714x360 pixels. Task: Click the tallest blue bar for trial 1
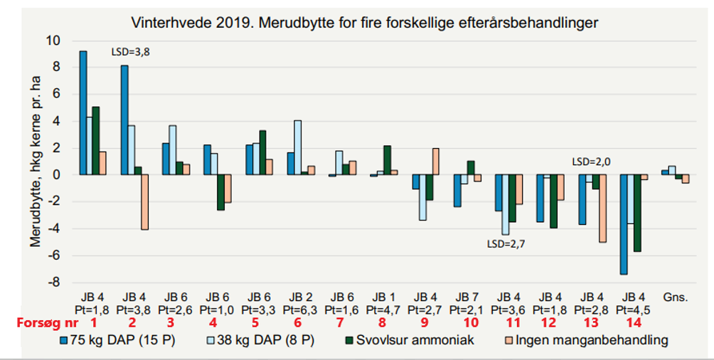tap(83, 113)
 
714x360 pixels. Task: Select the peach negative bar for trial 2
tap(144, 202)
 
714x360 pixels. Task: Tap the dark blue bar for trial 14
tap(624, 224)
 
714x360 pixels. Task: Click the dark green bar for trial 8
tap(387, 160)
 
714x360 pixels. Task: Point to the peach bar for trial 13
tap(602, 208)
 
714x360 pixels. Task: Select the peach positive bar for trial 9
tap(435, 162)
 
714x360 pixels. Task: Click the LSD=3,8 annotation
tap(131, 52)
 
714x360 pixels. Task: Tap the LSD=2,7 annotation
tap(506, 244)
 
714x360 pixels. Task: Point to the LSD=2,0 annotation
tap(591, 162)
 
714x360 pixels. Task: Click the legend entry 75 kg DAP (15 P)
tap(117, 340)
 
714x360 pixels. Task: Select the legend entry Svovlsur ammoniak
tap(409, 340)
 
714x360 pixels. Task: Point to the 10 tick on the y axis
tap(53, 41)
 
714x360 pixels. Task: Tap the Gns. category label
tap(676, 297)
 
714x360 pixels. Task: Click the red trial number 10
tap(470, 322)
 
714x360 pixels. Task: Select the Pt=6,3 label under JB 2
tap(300, 310)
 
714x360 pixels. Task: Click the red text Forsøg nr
tap(48, 323)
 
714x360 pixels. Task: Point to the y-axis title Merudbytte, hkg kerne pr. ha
tap(36, 162)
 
